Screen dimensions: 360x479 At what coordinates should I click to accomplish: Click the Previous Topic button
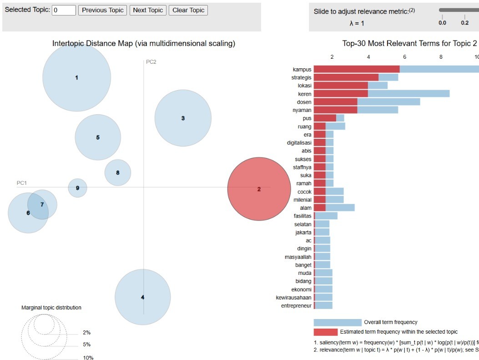[103, 10]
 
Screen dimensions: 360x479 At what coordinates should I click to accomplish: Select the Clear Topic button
[188, 10]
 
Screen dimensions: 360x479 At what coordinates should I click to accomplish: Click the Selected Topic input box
[64, 10]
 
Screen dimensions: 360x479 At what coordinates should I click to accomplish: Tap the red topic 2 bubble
[259, 189]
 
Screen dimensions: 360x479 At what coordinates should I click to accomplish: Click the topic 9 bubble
[77, 188]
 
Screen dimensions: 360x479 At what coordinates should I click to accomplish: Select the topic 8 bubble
[118, 172]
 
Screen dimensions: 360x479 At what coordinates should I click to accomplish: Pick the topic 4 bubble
[142, 297]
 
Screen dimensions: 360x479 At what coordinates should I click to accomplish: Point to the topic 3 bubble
[183, 118]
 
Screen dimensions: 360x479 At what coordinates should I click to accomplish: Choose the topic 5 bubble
[98, 137]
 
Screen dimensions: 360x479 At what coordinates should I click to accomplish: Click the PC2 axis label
[151, 62]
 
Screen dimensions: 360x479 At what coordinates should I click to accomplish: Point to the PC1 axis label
[22, 183]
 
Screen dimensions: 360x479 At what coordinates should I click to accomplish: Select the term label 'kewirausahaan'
[294, 297]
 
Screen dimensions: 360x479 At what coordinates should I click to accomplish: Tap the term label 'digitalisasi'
[299, 142]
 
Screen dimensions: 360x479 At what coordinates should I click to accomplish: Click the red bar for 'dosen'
[335, 101]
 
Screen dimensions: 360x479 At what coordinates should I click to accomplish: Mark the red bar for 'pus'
[325, 118]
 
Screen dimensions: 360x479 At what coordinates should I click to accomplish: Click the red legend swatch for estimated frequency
[325, 332]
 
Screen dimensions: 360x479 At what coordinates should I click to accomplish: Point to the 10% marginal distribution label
[88, 358]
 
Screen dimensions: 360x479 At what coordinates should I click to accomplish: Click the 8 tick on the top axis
[441, 57]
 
